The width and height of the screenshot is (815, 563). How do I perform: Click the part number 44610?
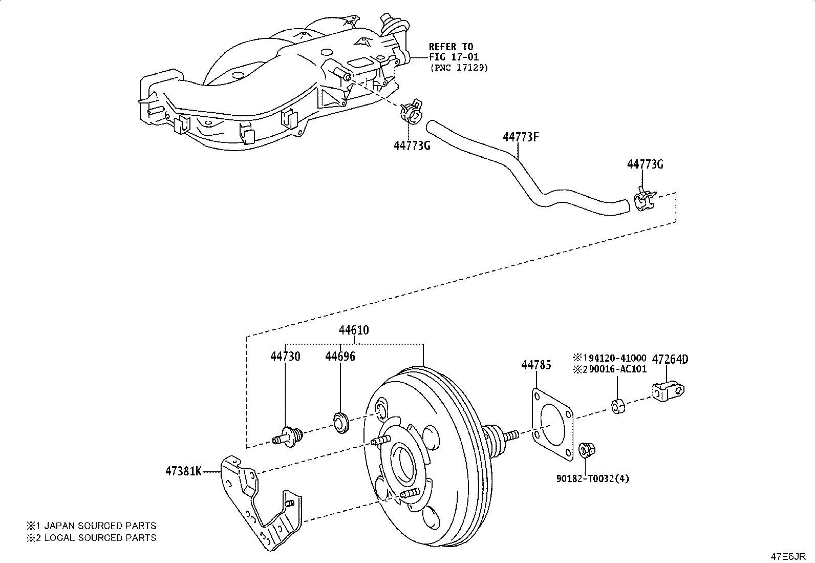tap(354, 330)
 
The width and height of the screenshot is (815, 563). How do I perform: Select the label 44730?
tap(285, 356)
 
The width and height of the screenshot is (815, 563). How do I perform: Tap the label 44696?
tap(340, 356)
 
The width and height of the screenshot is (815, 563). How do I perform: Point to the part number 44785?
tap(537, 365)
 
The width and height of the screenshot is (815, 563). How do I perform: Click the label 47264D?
tap(670, 359)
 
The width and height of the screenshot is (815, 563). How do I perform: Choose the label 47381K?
tap(183, 471)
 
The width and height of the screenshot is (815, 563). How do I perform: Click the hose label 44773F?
tap(521, 137)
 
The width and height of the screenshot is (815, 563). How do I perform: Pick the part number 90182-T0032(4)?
tap(593, 478)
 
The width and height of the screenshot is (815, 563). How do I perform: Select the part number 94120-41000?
tap(617, 358)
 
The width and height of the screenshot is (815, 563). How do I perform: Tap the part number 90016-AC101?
tap(618, 369)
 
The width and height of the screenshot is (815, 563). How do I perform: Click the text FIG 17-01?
tap(454, 57)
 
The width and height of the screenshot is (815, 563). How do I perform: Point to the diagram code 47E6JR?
tap(788, 557)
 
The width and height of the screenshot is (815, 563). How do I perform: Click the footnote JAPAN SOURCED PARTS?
tap(100, 526)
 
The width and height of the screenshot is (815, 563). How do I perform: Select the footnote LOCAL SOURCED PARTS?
tap(100, 537)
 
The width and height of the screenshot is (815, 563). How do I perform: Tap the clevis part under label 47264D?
tap(668, 391)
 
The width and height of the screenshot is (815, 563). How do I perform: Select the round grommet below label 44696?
tap(341, 423)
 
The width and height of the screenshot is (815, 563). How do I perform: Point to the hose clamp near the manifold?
tap(412, 111)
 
